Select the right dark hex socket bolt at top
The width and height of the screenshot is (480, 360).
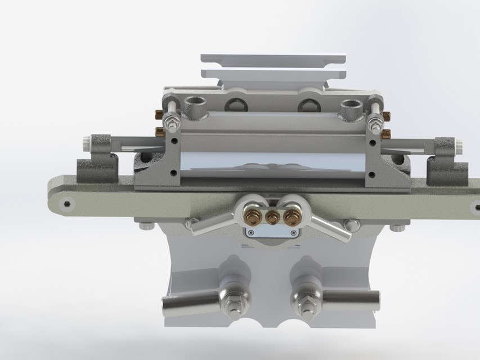[x=308, y=105]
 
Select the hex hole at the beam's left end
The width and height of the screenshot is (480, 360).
[x=67, y=202]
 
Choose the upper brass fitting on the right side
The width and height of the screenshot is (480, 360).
[x=387, y=116]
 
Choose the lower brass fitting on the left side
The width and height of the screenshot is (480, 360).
[x=159, y=132]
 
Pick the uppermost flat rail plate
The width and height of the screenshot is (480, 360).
[x=273, y=59]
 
